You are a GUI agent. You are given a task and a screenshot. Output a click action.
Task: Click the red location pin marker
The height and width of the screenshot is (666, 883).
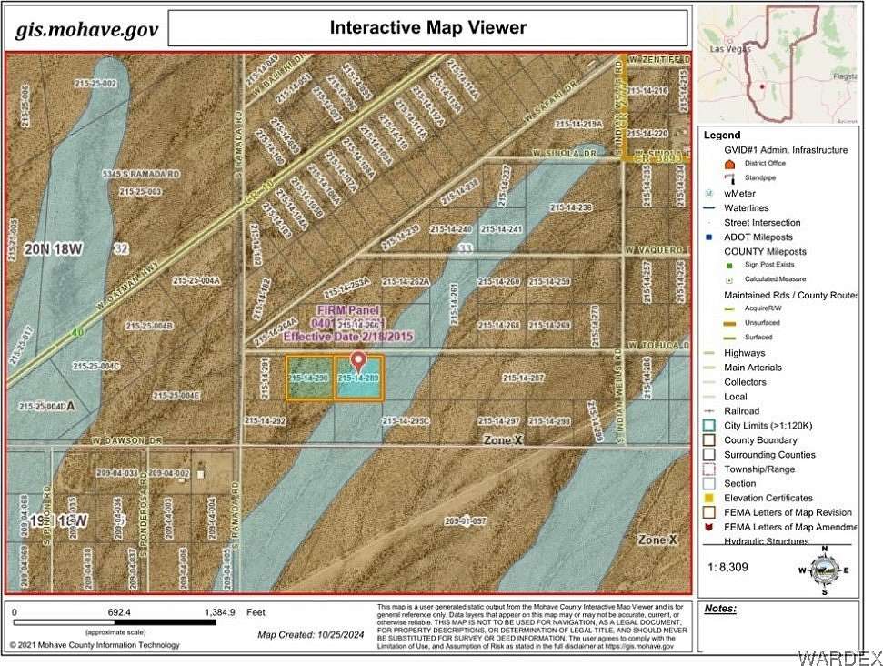[358, 362]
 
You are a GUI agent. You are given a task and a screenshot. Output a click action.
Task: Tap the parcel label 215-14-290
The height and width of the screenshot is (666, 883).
[308, 377]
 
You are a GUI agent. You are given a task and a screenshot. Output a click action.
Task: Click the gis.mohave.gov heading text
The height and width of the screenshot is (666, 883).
[86, 29]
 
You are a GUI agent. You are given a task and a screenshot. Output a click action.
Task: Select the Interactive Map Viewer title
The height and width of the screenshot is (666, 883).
[427, 27]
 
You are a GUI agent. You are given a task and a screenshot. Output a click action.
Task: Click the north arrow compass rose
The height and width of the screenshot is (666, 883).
[824, 570]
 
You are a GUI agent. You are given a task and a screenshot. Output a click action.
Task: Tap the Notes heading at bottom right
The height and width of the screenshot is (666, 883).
[720, 609]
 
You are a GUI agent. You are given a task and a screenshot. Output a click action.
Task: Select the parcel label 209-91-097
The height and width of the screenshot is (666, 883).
[466, 521]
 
